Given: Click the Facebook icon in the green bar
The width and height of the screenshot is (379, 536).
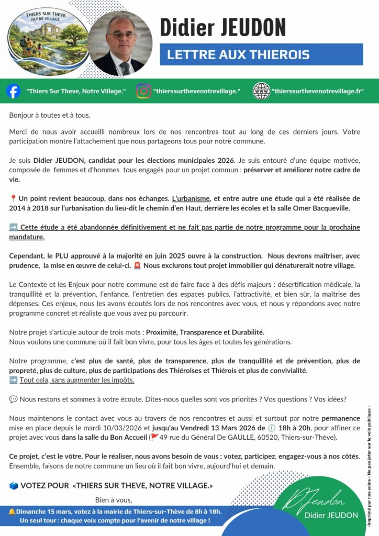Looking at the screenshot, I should (x=14, y=91).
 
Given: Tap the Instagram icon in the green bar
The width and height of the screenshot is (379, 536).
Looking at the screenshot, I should (x=143, y=91).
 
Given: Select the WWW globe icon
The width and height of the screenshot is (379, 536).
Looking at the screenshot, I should (x=261, y=91).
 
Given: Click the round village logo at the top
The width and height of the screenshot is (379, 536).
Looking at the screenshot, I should (x=48, y=38).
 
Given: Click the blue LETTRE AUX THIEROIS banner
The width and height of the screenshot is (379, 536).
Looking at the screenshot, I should (x=261, y=54).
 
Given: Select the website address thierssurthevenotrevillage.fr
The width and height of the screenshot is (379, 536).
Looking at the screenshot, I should (x=318, y=92).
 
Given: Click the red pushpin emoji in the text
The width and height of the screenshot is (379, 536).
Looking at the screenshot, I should (x=13, y=199).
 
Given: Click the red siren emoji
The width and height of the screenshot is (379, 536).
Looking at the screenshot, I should (x=137, y=265).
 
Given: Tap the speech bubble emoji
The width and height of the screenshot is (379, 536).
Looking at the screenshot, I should (x=13, y=399).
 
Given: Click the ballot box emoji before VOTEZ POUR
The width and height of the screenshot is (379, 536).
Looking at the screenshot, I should (x=14, y=486).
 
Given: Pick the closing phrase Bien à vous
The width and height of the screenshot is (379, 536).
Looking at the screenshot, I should (x=114, y=500).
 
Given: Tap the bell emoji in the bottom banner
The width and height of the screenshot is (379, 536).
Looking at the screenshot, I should (x=12, y=511).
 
